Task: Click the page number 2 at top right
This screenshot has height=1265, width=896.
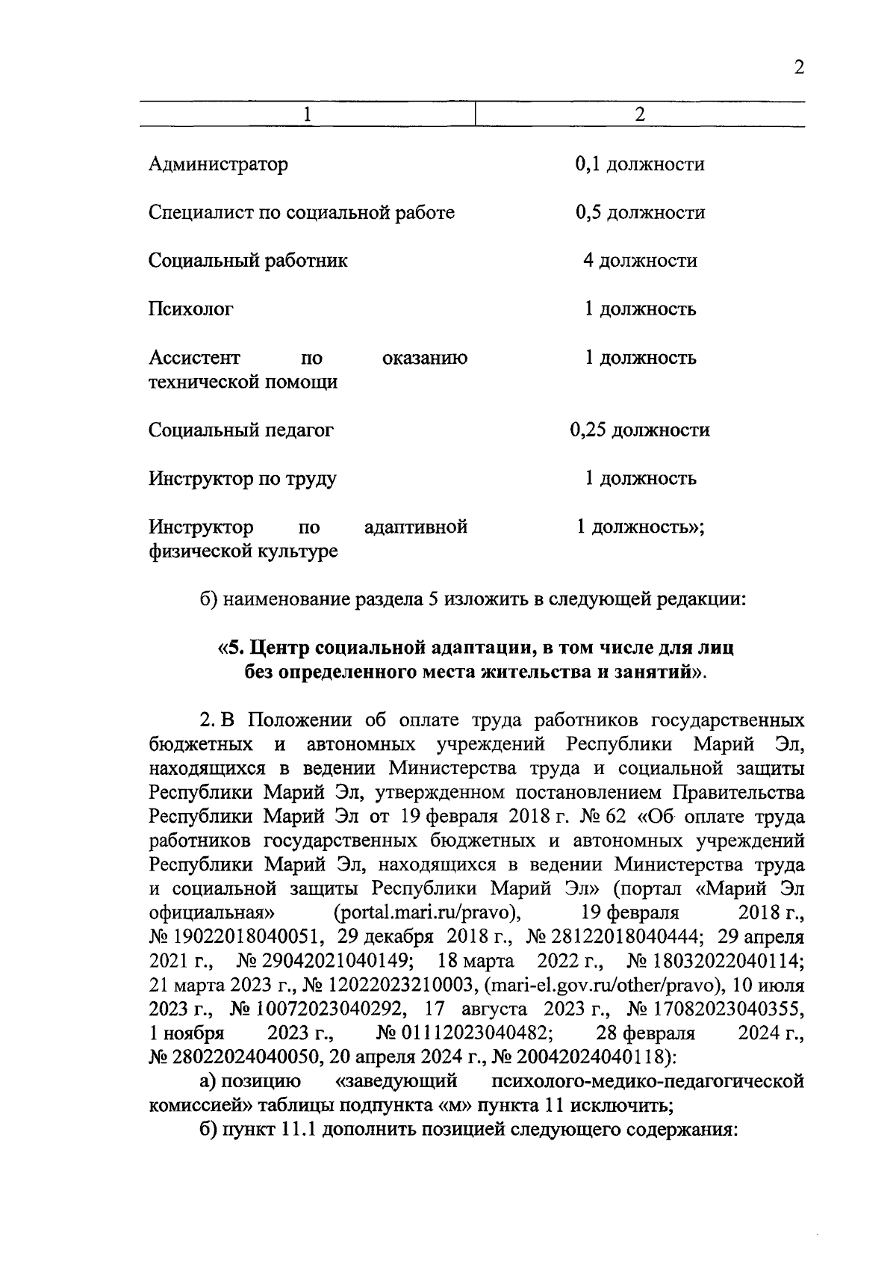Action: tap(798, 67)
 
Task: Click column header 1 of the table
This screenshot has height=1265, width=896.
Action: tap(307, 114)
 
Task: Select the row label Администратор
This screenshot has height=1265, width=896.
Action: tap(218, 164)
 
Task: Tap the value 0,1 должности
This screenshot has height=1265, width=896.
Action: tap(640, 164)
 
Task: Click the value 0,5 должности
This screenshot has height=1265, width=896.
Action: tap(640, 212)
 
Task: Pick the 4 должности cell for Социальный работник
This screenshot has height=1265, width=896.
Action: tap(640, 261)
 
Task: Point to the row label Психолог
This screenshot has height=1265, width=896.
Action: tap(190, 309)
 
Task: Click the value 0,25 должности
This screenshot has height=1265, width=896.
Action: tap(640, 430)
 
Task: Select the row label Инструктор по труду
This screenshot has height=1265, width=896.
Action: tap(242, 478)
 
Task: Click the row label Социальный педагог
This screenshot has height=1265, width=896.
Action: tap(240, 430)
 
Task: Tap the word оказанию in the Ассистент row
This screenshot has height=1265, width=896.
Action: tap(425, 358)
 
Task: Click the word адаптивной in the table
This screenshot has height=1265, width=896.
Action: tap(416, 528)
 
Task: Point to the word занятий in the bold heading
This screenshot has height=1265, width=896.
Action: tap(657, 672)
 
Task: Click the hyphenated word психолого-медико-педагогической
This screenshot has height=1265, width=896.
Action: tap(648, 1082)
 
